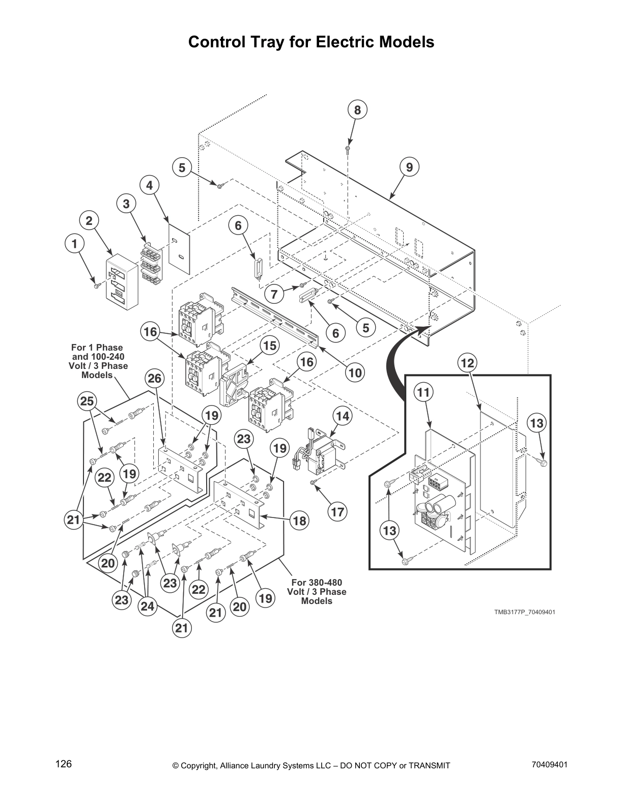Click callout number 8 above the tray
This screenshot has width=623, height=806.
coord(357,110)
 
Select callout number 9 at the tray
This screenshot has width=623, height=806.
coord(409,167)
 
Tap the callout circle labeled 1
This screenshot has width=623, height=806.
coord(75,244)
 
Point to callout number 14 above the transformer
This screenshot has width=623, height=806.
coord(343,416)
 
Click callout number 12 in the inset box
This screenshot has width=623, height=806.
coord(467,363)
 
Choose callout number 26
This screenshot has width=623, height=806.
coord(155,378)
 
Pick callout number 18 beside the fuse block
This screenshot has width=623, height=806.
coord(299,521)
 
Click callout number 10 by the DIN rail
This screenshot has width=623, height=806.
coord(355,373)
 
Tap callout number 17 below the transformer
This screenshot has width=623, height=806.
coord(337,511)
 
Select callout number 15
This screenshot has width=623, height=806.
coord(269,346)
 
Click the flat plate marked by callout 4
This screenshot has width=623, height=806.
coord(179,248)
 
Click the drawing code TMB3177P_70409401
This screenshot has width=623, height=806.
coord(524,612)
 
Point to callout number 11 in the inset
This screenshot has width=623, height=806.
coord(423,392)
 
